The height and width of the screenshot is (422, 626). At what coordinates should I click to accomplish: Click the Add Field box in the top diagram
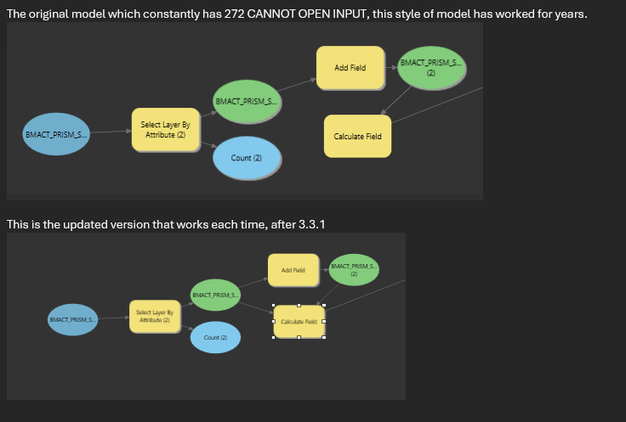(x=350, y=67)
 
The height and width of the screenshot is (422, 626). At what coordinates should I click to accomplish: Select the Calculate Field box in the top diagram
(x=357, y=137)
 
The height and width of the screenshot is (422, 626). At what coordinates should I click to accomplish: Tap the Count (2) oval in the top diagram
(x=247, y=158)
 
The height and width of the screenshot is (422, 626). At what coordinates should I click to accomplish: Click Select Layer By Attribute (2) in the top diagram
(x=165, y=130)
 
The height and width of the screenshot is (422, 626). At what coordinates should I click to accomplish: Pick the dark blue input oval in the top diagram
(x=56, y=134)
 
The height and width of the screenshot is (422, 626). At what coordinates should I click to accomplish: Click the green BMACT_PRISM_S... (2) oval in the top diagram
(x=430, y=68)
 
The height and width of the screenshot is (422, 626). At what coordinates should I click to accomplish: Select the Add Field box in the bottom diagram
(x=293, y=270)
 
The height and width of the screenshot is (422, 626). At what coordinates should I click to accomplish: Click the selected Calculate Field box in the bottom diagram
(x=299, y=322)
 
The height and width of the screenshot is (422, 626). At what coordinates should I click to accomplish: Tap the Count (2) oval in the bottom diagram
(x=215, y=337)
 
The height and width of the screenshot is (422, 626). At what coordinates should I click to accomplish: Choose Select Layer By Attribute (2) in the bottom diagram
(x=155, y=317)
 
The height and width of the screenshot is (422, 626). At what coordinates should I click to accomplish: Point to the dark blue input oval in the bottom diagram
(x=72, y=319)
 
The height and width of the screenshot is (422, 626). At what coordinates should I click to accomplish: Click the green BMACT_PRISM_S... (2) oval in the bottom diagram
(x=354, y=270)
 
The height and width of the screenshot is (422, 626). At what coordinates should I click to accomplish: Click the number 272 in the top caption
(x=235, y=14)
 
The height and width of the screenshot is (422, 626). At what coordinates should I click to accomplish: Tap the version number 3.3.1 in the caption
(x=312, y=224)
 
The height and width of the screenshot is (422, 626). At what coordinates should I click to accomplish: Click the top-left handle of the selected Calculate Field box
(x=274, y=305)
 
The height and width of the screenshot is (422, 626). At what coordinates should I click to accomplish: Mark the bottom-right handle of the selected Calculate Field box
(x=324, y=338)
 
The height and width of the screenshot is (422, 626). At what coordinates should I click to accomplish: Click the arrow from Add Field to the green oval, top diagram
(x=391, y=67)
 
